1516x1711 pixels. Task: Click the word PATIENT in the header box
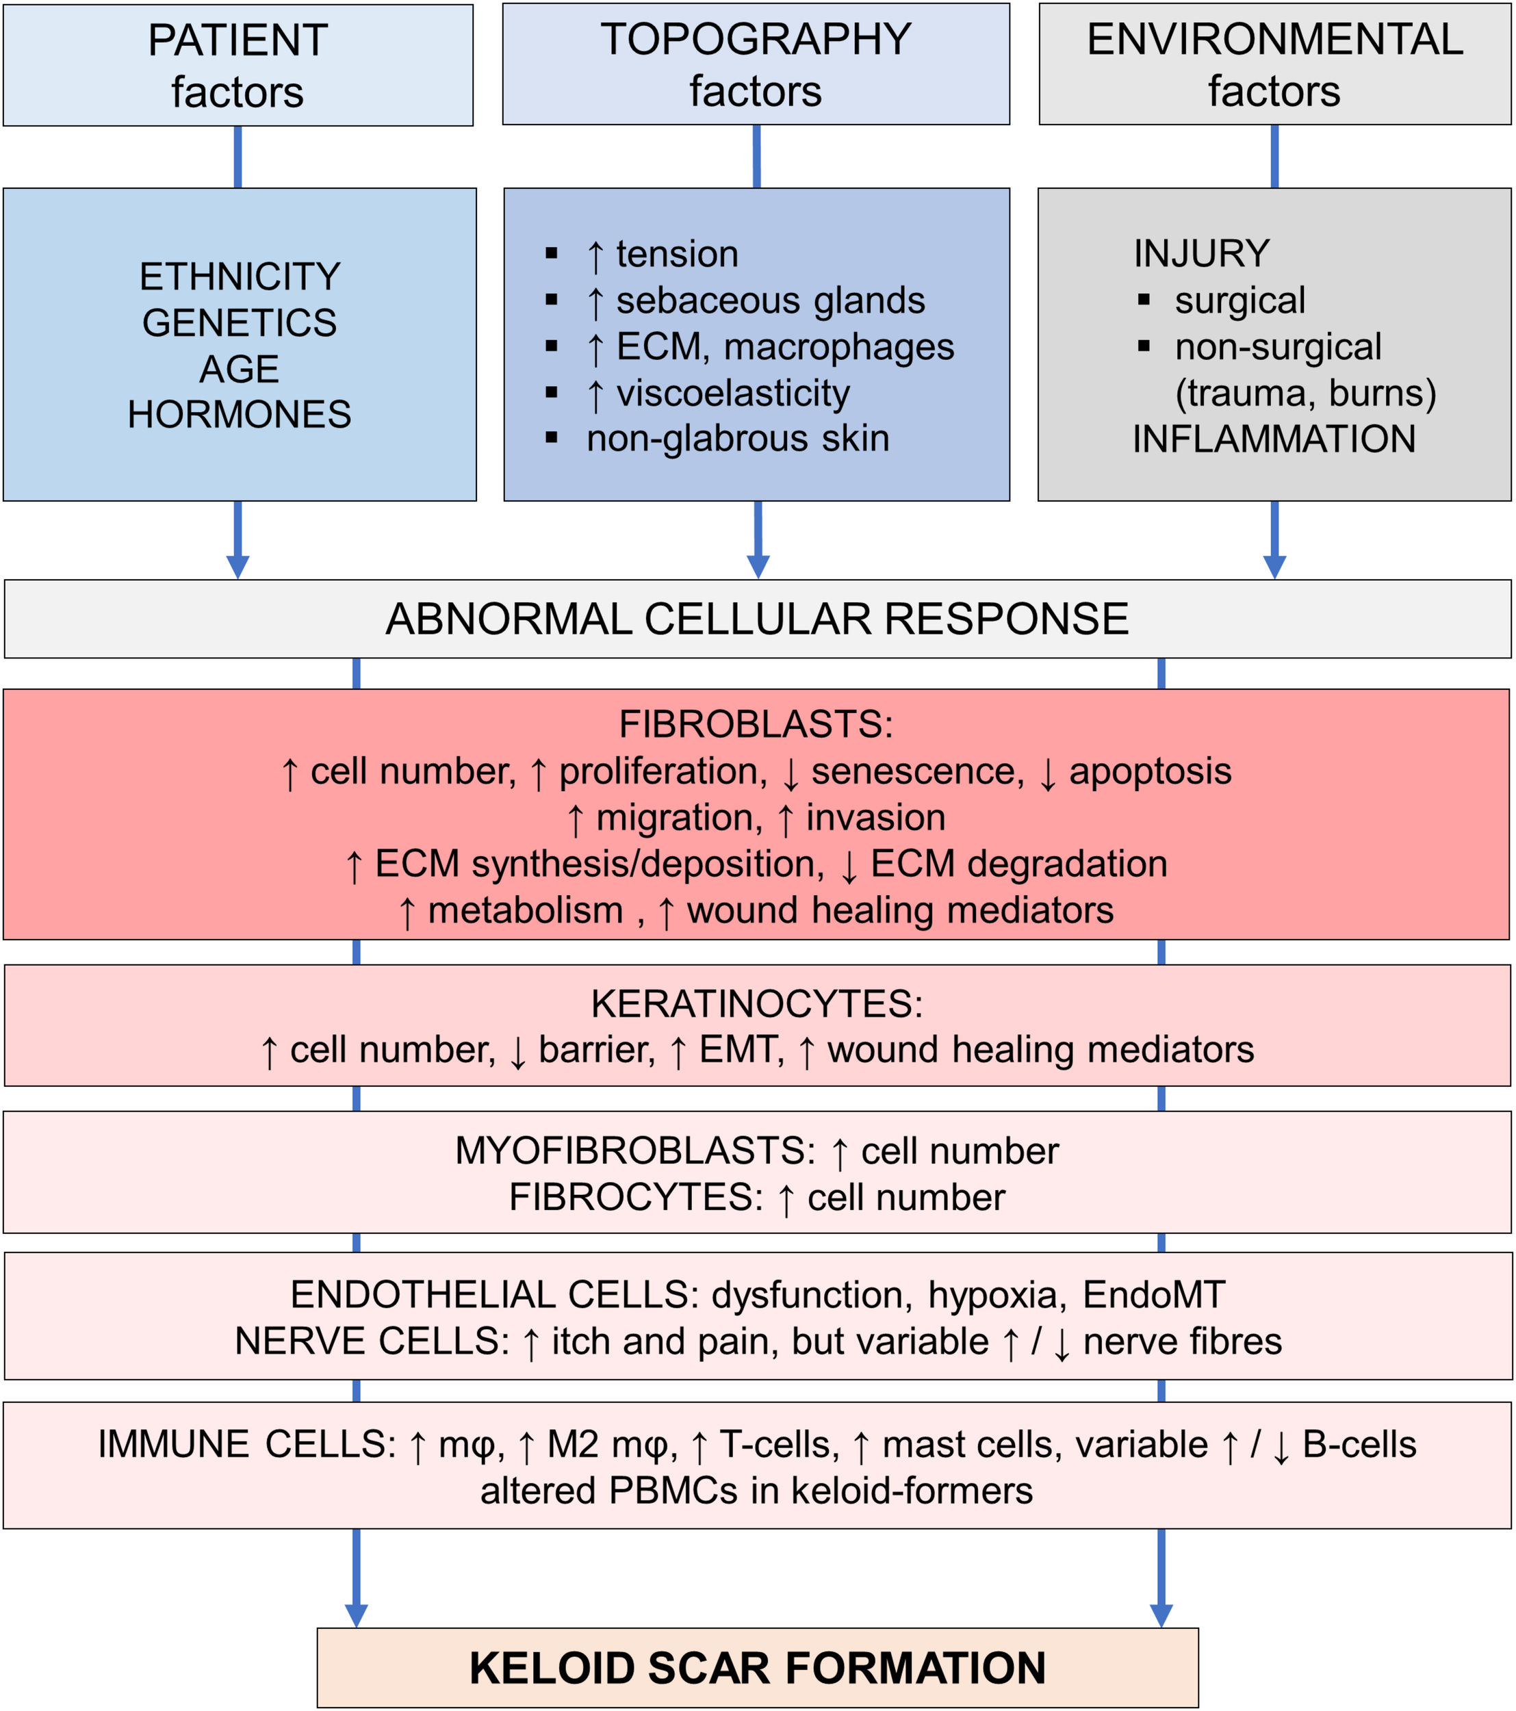point(237,40)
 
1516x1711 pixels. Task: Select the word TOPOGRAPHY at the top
point(755,39)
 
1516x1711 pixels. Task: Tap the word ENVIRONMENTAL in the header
point(1274,39)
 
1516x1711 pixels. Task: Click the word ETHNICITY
point(240,277)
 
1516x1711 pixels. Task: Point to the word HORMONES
point(240,414)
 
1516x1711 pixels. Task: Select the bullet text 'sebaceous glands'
point(770,300)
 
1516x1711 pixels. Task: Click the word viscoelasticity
point(732,393)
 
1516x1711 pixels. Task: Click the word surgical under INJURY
point(1239,300)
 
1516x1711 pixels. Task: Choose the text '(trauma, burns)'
point(1305,393)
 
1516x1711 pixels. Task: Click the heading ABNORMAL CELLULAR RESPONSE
point(757,619)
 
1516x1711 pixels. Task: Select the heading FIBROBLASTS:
point(756,724)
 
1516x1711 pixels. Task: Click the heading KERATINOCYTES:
point(756,1003)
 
